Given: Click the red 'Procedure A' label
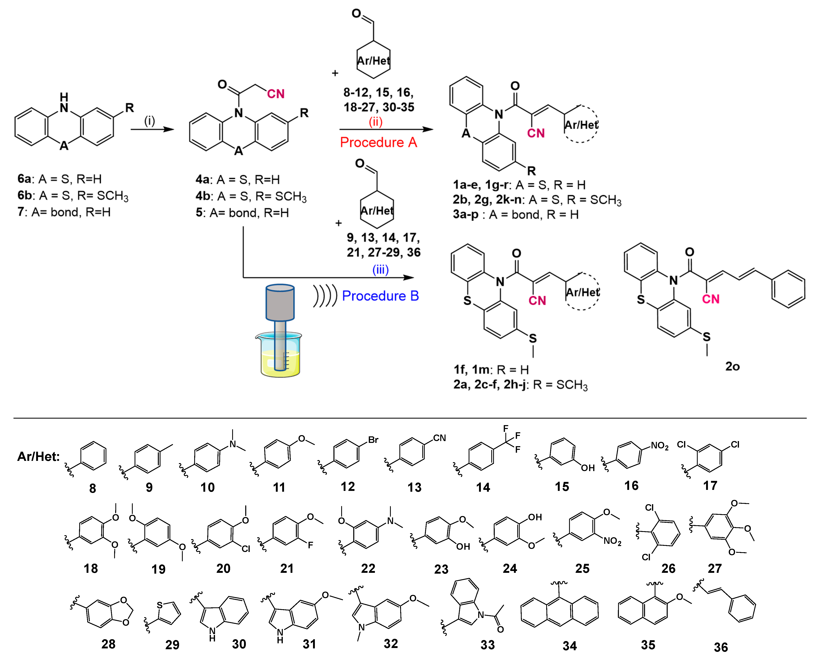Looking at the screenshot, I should click(x=378, y=143).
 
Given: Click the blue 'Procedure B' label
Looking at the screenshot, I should click(x=380, y=296).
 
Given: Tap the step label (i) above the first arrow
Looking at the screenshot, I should click(x=149, y=121).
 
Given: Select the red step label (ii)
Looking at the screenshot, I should click(x=375, y=122).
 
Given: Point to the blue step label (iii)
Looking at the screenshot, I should click(x=380, y=270).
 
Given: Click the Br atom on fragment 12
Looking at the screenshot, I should click(x=373, y=440).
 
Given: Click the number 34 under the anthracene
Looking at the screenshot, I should click(x=569, y=646).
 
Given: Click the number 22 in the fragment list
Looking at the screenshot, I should click(x=368, y=568).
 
